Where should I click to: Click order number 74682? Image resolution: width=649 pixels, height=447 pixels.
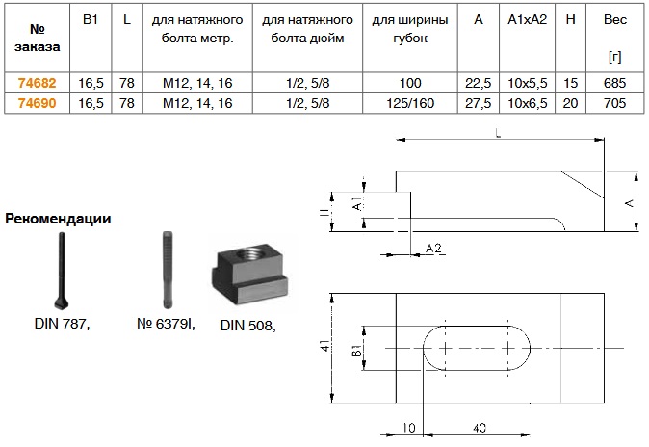(37, 83)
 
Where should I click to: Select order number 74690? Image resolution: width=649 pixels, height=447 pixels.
(37, 103)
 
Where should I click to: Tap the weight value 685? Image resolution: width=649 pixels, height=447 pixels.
(614, 83)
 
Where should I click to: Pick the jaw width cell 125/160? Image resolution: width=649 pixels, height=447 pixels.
(410, 103)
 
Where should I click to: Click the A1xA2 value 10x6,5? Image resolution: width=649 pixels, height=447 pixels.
(528, 103)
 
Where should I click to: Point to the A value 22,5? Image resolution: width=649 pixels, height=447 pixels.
(478, 83)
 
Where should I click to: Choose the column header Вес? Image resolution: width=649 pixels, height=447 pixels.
(615, 19)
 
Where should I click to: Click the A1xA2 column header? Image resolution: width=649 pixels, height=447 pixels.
(528, 19)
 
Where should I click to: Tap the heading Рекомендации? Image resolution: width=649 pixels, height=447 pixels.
(58, 219)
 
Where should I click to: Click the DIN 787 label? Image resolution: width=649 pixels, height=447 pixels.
(62, 324)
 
